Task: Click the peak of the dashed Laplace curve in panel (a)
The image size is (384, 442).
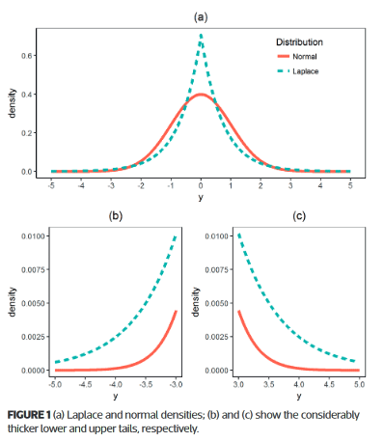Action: point(201,35)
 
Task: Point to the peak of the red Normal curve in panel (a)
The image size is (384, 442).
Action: point(201,95)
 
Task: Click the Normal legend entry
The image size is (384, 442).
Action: point(297,57)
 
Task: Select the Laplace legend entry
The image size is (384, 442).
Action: point(298,71)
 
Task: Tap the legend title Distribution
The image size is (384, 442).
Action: point(299,42)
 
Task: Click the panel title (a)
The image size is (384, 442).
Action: point(201,17)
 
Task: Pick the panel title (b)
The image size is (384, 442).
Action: point(116,216)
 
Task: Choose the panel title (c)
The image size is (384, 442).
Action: point(299,216)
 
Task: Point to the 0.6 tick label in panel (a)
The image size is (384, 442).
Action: point(27,56)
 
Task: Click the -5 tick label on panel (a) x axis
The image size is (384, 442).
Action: point(51,186)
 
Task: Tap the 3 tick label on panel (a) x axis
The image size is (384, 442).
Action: point(290,186)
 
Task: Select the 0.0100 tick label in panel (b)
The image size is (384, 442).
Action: point(33,236)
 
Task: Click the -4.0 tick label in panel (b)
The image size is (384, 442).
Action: point(116,384)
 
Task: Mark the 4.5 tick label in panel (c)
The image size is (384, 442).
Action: point(329,384)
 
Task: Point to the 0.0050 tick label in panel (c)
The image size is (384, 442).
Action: point(217,303)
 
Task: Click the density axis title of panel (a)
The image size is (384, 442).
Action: point(13,103)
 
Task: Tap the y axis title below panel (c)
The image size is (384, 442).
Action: point(299,396)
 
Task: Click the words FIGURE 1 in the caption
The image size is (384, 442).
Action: point(29,415)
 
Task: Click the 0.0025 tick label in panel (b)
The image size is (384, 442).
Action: point(33,337)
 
